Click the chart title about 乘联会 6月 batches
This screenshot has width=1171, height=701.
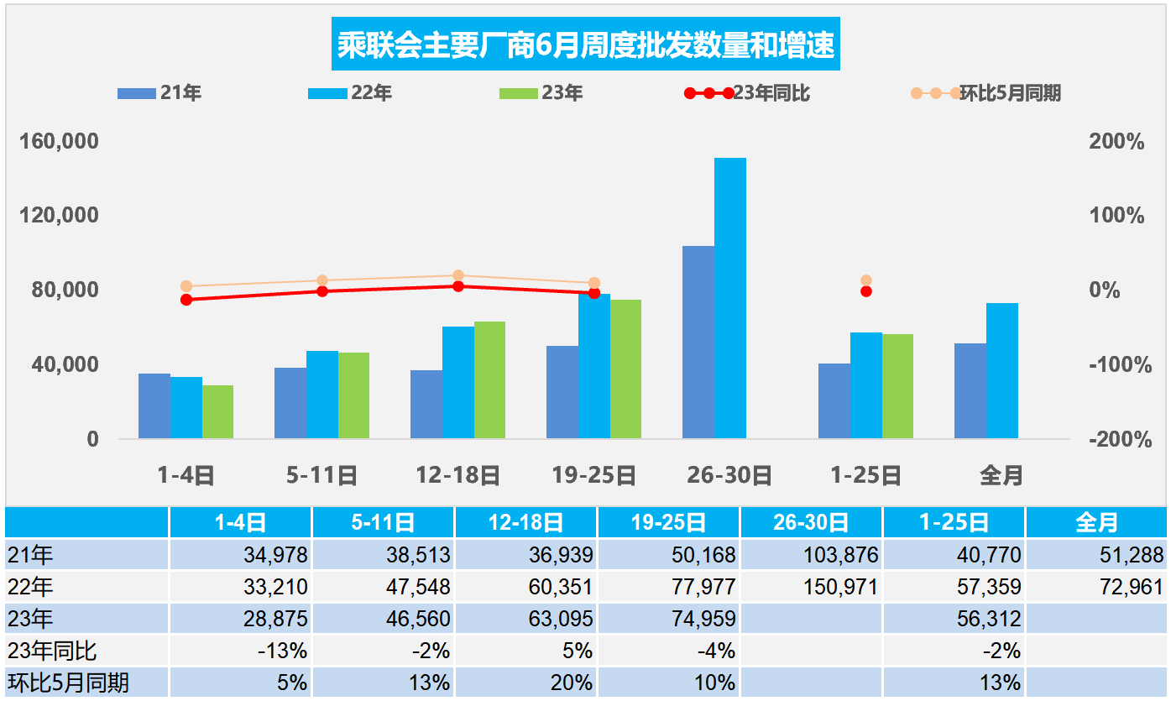pyautogui.click(x=585, y=44)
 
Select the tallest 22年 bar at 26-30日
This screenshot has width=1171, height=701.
pyautogui.click(x=729, y=298)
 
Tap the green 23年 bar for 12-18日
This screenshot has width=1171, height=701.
pyautogui.click(x=489, y=379)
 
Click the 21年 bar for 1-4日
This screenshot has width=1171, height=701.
pyautogui.click(x=154, y=405)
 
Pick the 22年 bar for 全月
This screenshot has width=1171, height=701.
pyautogui.click(x=1001, y=370)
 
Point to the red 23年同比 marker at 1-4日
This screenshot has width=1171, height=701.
pyautogui.click(x=186, y=300)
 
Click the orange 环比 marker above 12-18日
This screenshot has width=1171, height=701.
pyautogui.click(x=458, y=275)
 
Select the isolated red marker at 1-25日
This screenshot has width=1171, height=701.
pyautogui.click(x=866, y=291)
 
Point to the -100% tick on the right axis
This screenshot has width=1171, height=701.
pyautogui.click(x=1116, y=365)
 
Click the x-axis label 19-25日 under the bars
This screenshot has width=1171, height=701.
pyautogui.click(x=593, y=476)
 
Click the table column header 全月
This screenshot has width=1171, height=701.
pyautogui.click(x=1096, y=522)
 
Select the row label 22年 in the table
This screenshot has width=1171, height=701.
pyautogui.click(x=30, y=587)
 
